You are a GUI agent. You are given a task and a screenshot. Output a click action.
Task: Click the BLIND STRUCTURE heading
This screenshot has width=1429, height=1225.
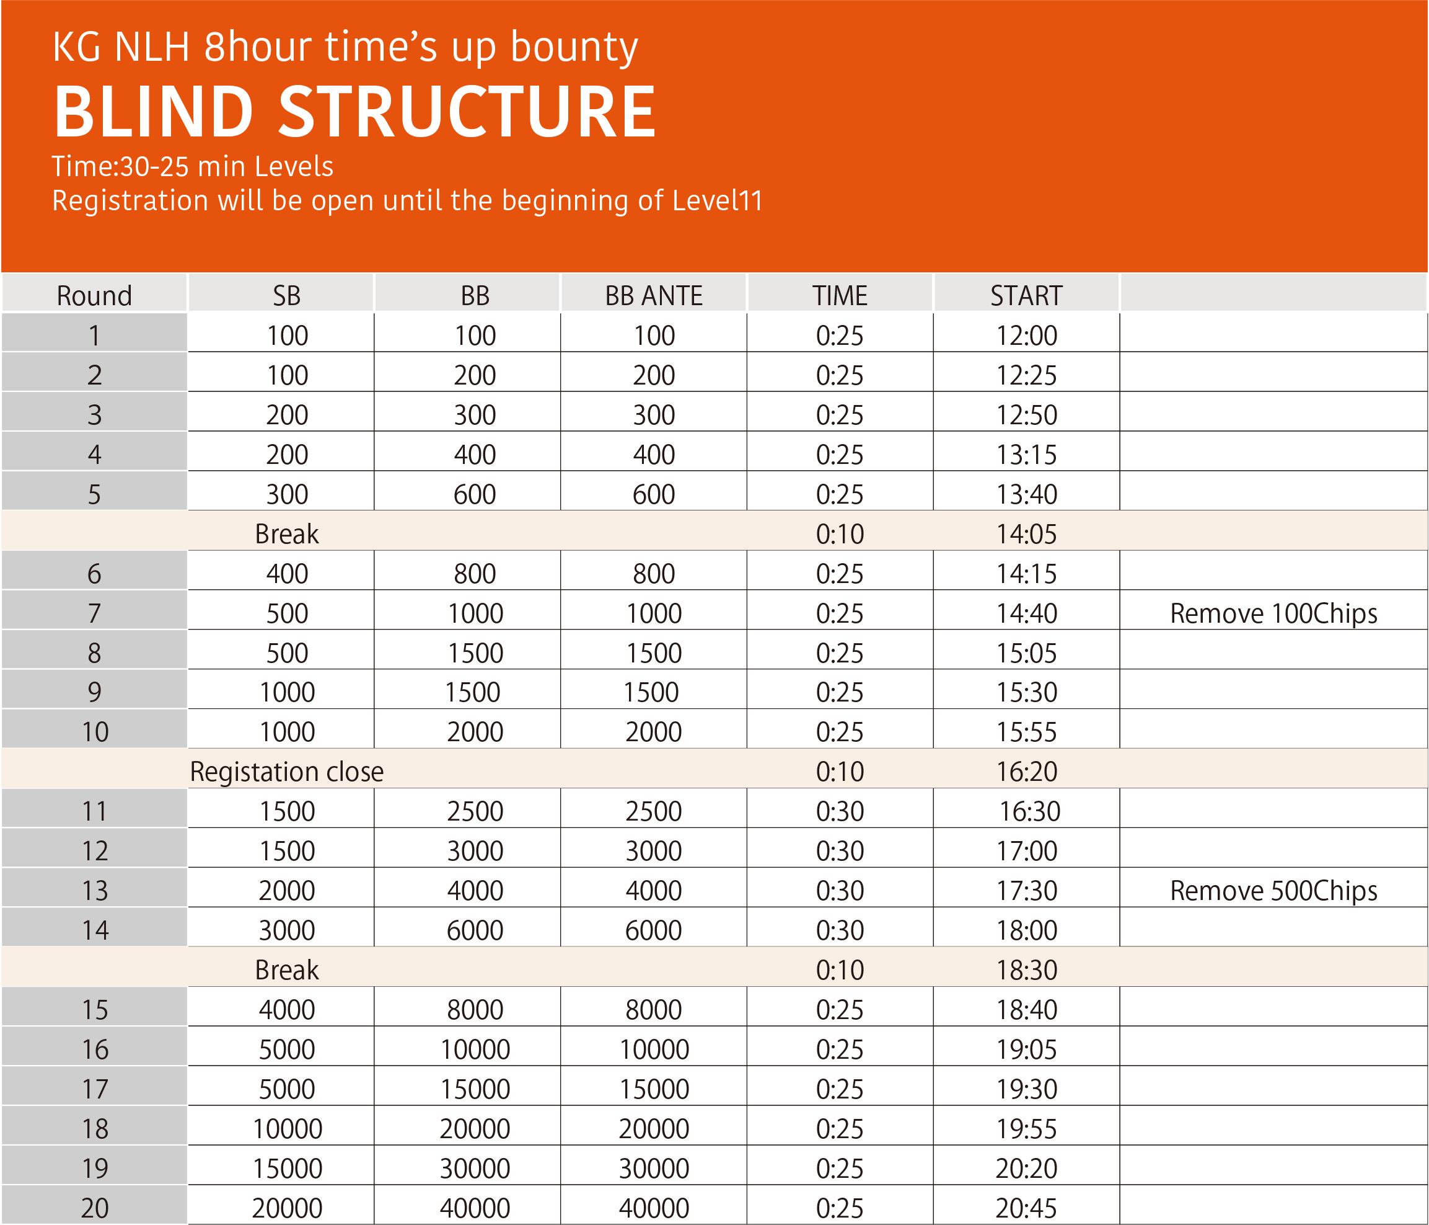pos(354,112)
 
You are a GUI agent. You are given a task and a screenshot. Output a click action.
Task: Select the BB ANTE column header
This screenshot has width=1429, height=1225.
pos(653,295)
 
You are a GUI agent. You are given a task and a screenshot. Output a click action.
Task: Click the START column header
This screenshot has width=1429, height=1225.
pos(1026,295)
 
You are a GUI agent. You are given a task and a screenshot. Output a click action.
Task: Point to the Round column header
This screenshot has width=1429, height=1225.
pos(94,295)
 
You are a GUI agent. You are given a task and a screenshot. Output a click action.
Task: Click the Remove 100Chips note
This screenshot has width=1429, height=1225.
pos(1273,613)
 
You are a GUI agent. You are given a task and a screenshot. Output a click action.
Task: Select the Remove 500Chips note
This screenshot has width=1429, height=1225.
pos(1273,890)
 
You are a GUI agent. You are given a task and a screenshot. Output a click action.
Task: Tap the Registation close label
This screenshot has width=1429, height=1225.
pos(286,771)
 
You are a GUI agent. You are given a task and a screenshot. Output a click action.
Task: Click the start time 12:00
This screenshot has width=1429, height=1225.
pos(1026,336)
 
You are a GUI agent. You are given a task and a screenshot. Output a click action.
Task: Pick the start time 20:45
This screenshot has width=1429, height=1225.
pos(1026,1208)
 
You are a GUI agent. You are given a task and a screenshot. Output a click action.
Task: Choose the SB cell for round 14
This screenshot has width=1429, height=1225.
pos(287,930)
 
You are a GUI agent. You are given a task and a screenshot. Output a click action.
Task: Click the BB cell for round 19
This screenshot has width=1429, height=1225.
pos(475,1169)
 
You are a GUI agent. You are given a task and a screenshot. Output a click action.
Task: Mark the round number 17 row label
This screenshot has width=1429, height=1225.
pos(94,1089)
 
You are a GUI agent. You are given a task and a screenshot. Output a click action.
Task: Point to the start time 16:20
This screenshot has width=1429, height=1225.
pos(1026,771)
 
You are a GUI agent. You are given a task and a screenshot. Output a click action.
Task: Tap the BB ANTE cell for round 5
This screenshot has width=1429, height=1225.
pos(653,494)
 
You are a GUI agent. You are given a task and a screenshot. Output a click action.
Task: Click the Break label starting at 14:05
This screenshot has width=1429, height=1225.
pos(286,533)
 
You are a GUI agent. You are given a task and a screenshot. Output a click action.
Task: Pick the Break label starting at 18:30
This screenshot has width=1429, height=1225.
pos(286,969)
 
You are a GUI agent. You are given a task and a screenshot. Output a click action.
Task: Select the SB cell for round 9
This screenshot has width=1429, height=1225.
pos(287,692)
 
